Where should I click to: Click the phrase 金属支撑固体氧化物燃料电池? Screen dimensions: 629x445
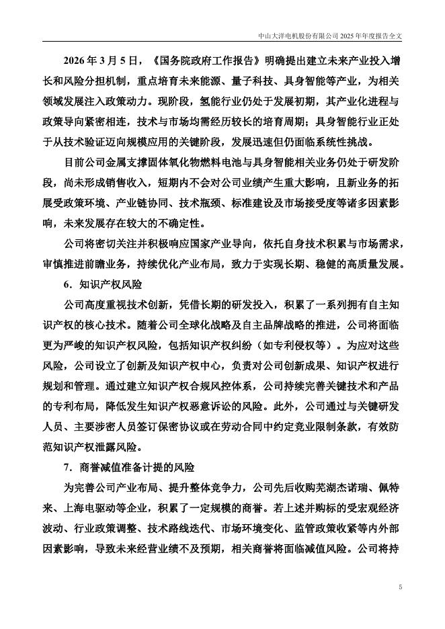coord(170,164)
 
